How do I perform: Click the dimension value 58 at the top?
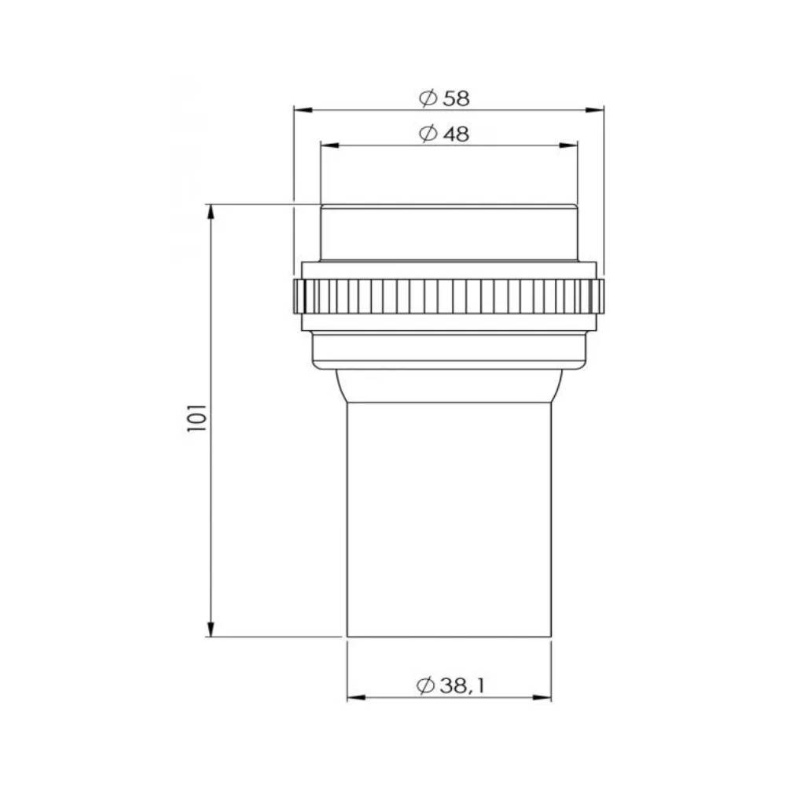tap(456, 98)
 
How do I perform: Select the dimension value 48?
tap(456, 134)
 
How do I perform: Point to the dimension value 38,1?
tap(462, 685)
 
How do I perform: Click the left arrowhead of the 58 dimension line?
tap(299, 110)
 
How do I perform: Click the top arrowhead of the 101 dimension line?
tap(211, 211)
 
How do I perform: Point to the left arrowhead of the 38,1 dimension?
tap(354, 697)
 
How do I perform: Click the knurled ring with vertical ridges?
tap(449, 296)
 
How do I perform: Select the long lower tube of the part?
tap(449, 519)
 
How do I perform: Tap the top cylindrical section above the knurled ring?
tap(449, 233)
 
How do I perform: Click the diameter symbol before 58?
tap(428, 98)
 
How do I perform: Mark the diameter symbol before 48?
tap(428, 134)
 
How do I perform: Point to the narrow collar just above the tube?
tap(449, 385)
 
